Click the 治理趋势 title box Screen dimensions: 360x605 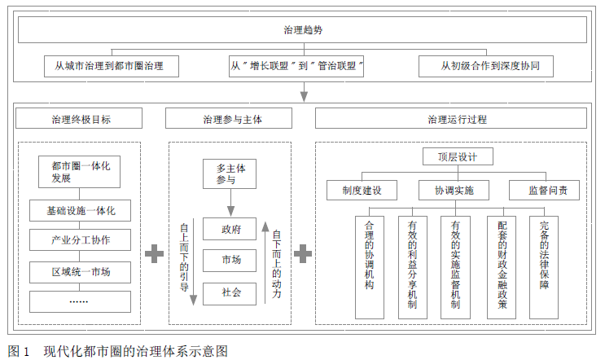[x=302, y=30]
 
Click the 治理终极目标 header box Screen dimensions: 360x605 [x=77, y=119]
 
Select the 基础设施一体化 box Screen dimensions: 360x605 [x=78, y=211]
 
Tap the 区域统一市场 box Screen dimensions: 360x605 [x=78, y=271]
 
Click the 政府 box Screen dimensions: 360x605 [x=230, y=229]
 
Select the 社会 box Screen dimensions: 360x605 [x=230, y=291]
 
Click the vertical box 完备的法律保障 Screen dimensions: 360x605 [x=543, y=266]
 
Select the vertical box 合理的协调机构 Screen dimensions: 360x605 [x=370, y=266]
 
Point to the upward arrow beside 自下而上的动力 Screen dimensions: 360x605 [x=265, y=261]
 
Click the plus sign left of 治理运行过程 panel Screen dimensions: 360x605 [x=303, y=253]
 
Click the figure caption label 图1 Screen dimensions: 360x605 [x=18, y=351]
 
